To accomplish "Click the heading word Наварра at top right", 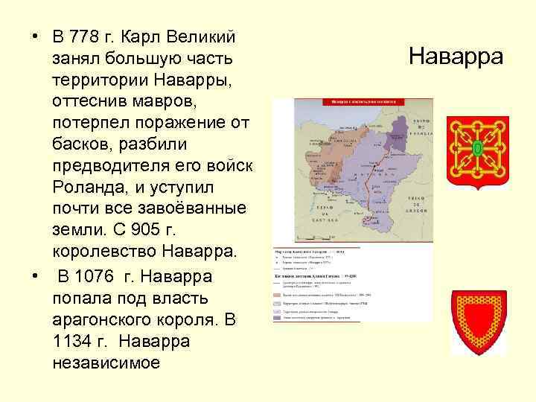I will (x=456, y=57).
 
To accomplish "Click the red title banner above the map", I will (x=352, y=102).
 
